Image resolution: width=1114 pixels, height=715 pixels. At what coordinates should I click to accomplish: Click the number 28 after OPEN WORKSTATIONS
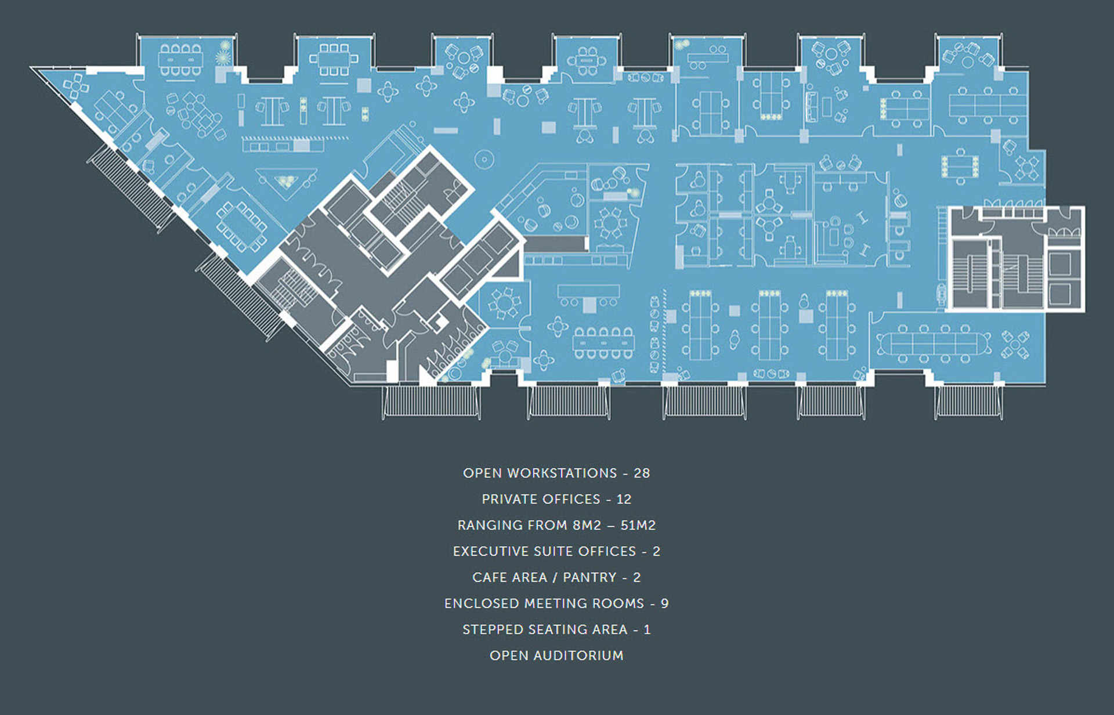(642, 473)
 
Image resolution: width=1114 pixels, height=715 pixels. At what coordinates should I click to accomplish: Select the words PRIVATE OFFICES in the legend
(541, 499)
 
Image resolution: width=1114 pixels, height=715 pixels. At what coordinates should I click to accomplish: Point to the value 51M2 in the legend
(638, 525)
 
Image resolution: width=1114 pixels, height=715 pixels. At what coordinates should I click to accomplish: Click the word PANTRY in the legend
(589, 577)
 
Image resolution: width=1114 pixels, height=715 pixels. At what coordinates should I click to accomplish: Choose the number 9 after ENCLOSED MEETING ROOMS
(664, 604)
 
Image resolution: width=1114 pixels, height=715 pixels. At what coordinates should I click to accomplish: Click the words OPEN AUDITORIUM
(556, 656)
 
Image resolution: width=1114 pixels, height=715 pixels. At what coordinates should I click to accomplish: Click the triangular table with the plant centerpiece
(286, 181)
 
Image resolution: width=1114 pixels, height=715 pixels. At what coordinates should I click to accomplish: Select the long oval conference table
(934, 344)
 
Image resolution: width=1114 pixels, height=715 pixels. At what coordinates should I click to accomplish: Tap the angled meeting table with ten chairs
(241, 226)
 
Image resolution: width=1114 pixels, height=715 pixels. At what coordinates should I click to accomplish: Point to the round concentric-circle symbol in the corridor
(483, 158)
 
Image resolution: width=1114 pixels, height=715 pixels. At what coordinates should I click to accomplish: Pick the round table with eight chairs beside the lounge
(610, 223)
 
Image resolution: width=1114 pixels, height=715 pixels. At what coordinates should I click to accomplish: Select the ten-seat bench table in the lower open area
(603, 343)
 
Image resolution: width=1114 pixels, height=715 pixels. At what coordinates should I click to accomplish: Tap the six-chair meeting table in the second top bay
(334, 59)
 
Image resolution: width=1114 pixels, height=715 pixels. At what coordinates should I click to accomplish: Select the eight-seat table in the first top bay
(180, 59)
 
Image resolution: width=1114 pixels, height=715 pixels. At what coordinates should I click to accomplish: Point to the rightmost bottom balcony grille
(968, 402)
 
